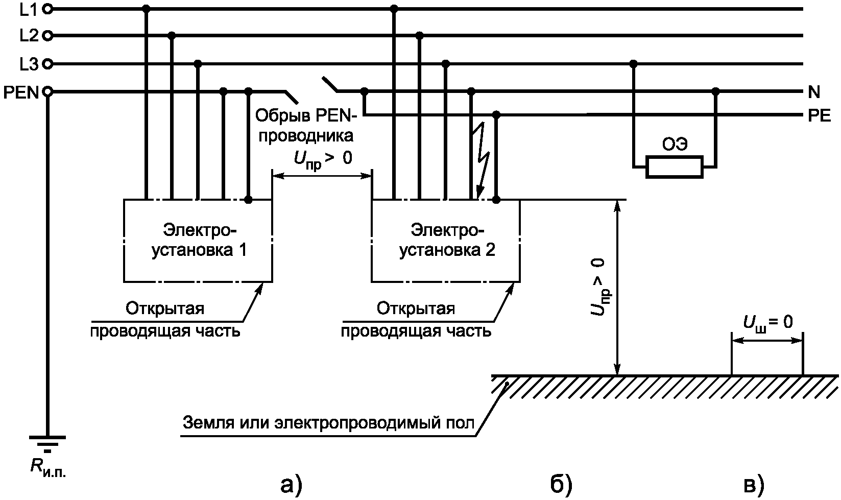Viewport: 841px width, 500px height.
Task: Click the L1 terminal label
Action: pos(29,9)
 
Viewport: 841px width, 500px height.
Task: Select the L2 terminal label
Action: pos(29,36)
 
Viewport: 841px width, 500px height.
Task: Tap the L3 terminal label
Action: pos(29,64)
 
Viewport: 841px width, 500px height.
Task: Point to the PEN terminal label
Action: pos(21,92)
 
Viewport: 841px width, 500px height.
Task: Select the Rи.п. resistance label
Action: pos(48,468)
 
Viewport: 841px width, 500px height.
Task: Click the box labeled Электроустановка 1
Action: pos(198,241)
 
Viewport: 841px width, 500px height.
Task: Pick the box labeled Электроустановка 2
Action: pos(446,241)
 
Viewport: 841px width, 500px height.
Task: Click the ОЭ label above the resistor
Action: pos(675,145)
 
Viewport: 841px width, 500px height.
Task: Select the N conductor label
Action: pos(814,92)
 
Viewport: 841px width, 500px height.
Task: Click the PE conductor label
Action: pos(819,116)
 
